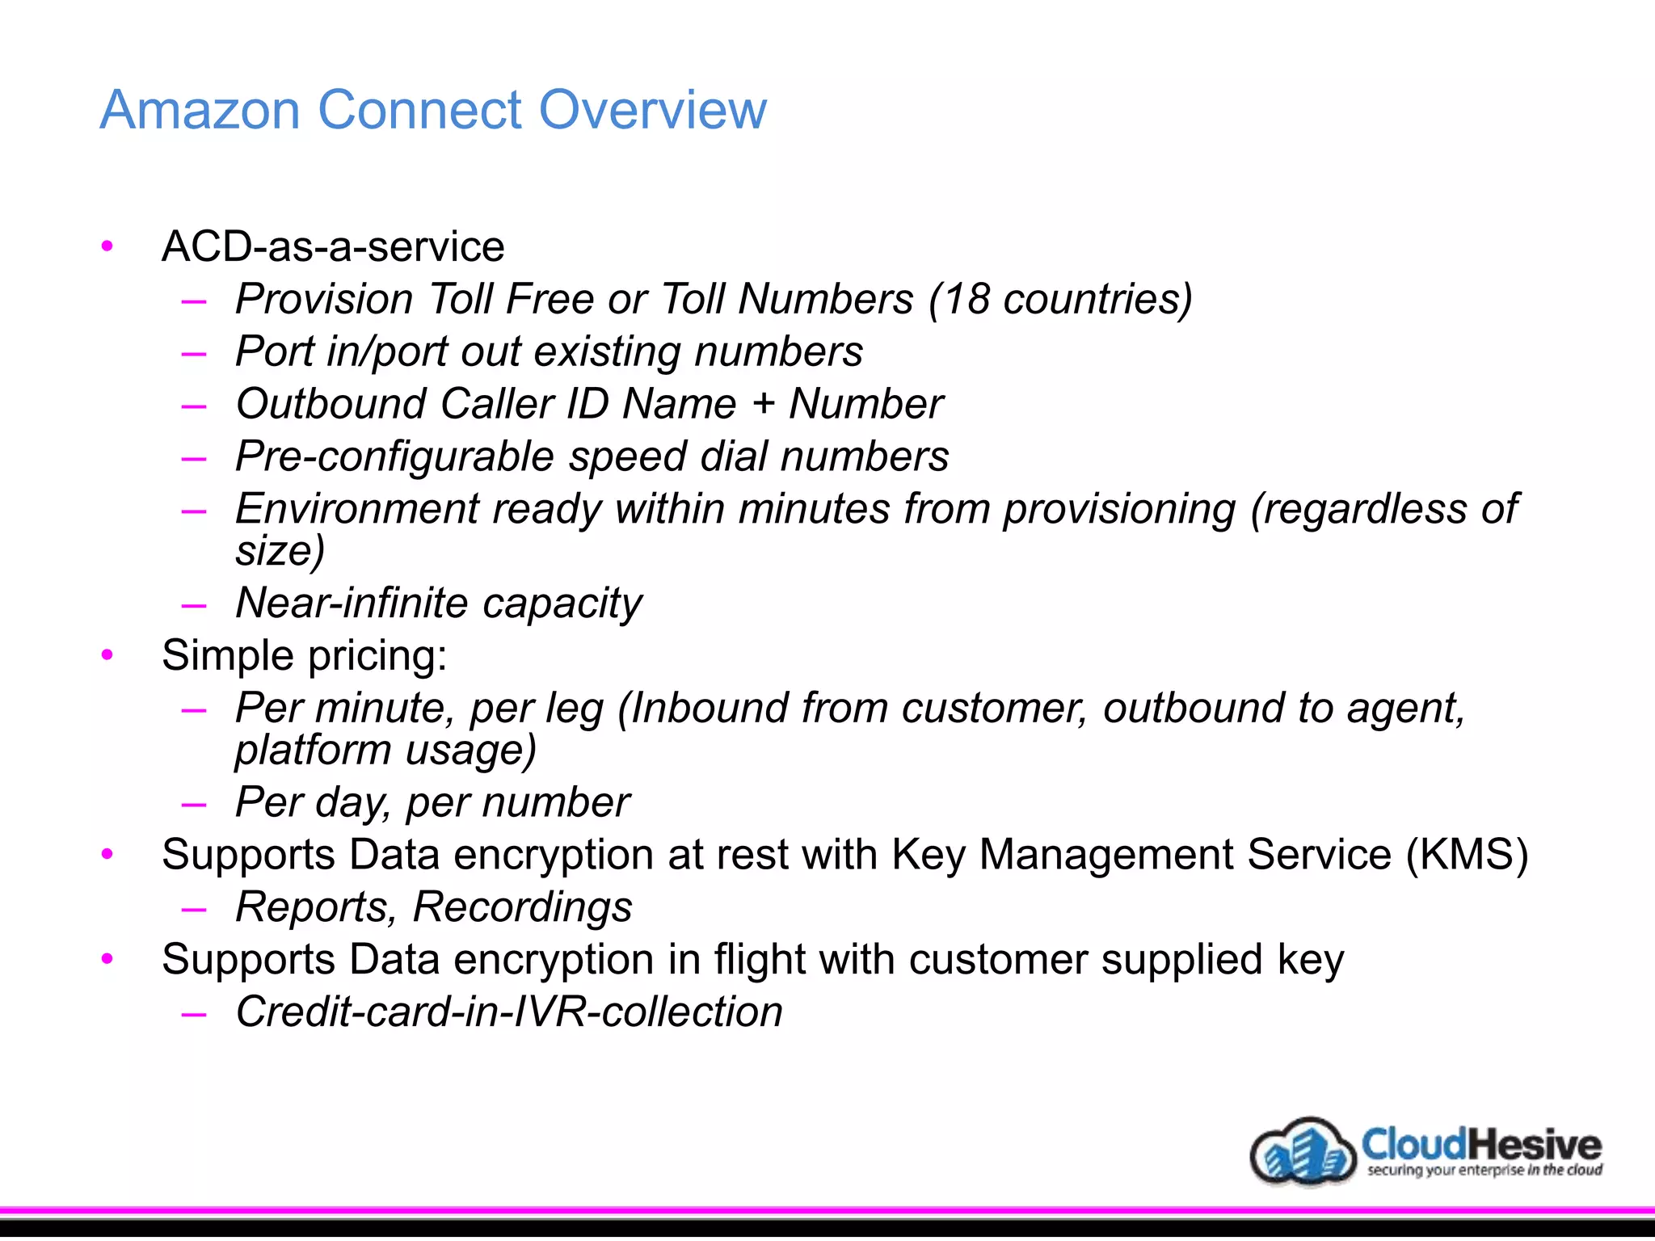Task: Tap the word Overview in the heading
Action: (x=652, y=110)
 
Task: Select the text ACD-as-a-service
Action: (x=333, y=246)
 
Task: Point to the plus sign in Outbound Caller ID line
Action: (x=763, y=403)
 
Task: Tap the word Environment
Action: (x=357, y=509)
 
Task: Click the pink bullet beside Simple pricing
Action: (x=107, y=655)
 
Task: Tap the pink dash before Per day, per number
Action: (x=194, y=805)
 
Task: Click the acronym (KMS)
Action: (x=1467, y=855)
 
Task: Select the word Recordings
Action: (x=522, y=907)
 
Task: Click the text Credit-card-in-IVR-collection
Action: (x=509, y=1012)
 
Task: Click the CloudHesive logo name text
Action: (x=1480, y=1144)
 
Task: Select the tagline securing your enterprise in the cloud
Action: (x=1484, y=1171)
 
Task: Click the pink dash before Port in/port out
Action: (x=194, y=354)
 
